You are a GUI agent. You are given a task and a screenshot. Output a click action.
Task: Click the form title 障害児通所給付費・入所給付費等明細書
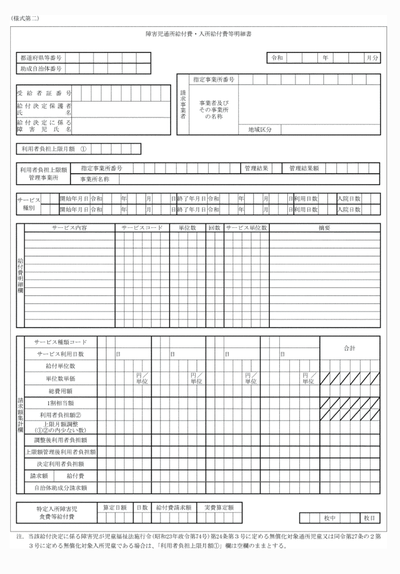[x=198, y=34]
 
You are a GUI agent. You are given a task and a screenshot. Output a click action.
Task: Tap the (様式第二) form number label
[x=25, y=19]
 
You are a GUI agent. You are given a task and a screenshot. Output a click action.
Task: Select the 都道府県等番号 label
[x=41, y=58]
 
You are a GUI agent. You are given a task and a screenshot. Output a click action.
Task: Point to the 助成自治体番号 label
[x=41, y=69]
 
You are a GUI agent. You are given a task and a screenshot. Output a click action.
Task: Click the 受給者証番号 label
[x=44, y=93]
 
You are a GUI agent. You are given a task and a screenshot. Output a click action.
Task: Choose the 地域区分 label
[x=260, y=130]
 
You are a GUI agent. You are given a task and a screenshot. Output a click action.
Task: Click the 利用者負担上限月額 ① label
[x=54, y=149]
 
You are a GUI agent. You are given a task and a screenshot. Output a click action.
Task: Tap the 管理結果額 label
[x=304, y=168]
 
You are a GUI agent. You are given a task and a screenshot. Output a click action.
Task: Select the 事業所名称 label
[x=94, y=179]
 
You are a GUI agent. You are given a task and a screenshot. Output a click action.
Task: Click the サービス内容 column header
[x=69, y=228]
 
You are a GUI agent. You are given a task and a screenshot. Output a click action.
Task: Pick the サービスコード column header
[x=142, y=228]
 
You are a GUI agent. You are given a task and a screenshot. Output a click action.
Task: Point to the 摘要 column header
[x=324, y=228]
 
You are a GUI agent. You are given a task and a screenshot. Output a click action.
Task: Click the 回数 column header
[x=214, y=228]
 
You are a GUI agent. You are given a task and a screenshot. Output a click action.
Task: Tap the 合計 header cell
[x=350, y=348]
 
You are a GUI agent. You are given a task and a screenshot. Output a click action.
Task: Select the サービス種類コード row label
[x=61, y=342]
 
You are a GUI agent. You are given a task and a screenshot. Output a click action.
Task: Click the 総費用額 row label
[x=61, y=391]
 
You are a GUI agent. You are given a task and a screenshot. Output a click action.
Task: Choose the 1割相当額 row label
[x=61, y=403]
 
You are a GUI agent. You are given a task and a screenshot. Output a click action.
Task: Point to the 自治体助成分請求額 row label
[x=61, y=488]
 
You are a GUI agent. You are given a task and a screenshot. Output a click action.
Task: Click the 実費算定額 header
[x=219, y=508]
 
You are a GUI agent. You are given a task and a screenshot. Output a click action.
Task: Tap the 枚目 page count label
[x=370, y=518]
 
